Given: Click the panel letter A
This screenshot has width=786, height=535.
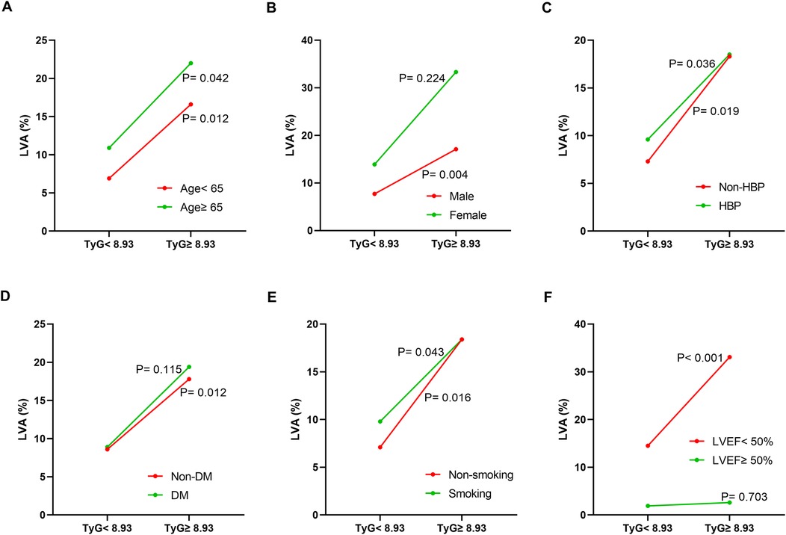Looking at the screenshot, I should point(7,8).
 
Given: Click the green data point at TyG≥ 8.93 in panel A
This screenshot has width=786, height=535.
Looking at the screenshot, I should point(191,63).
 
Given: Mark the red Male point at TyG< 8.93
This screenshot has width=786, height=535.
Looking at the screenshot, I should point(374,194).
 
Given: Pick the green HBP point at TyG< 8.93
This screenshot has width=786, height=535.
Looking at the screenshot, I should point(647,139).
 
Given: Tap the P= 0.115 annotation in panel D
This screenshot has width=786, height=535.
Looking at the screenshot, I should point(158,368).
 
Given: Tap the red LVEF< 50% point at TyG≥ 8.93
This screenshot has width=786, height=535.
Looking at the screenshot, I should point(729,357).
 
